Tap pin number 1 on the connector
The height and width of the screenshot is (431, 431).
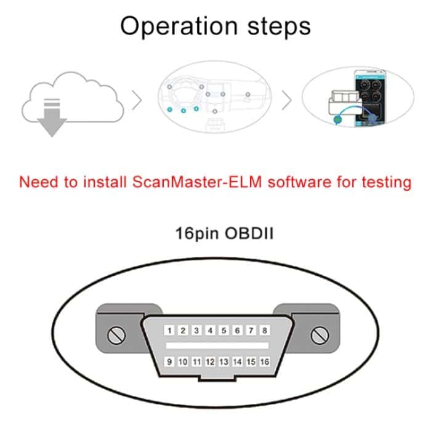click(169, 331)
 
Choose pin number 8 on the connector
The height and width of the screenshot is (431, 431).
click(264, 331)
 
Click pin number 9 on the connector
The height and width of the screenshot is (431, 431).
click(169, 362)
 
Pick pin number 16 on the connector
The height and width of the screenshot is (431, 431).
click(264, 362)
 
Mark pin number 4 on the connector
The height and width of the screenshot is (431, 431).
click(210, 331)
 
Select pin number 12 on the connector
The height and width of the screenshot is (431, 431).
click(210, 362)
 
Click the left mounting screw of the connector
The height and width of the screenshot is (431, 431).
click(116, 335)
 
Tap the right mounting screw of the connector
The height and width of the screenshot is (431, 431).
click(318, 335)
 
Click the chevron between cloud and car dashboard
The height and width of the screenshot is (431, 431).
click(137, 100)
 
